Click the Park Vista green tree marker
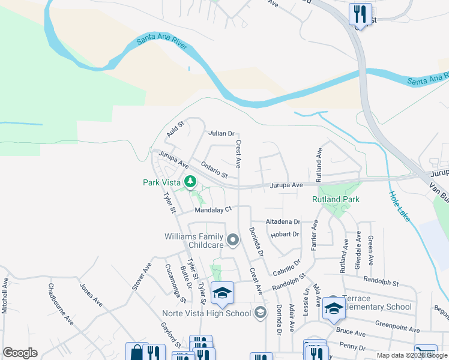point(190,181)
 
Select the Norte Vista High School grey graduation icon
point(260,313)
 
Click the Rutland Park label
point(336,199)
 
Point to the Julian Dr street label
point(221,133)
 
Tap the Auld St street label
point(175,128)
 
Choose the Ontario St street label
point(214,170)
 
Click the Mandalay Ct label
point(212,210)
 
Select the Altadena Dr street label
point(283,221)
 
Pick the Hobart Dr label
point(285,235)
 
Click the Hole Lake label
point(399,206)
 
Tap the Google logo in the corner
point(20,353)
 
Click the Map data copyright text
point(412,355)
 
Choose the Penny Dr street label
point(352,346)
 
